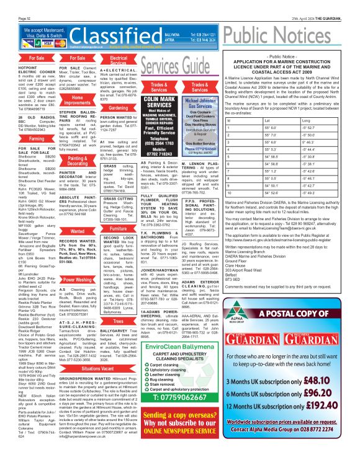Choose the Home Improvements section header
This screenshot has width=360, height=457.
point(76,102)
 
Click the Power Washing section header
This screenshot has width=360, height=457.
point(76,262)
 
